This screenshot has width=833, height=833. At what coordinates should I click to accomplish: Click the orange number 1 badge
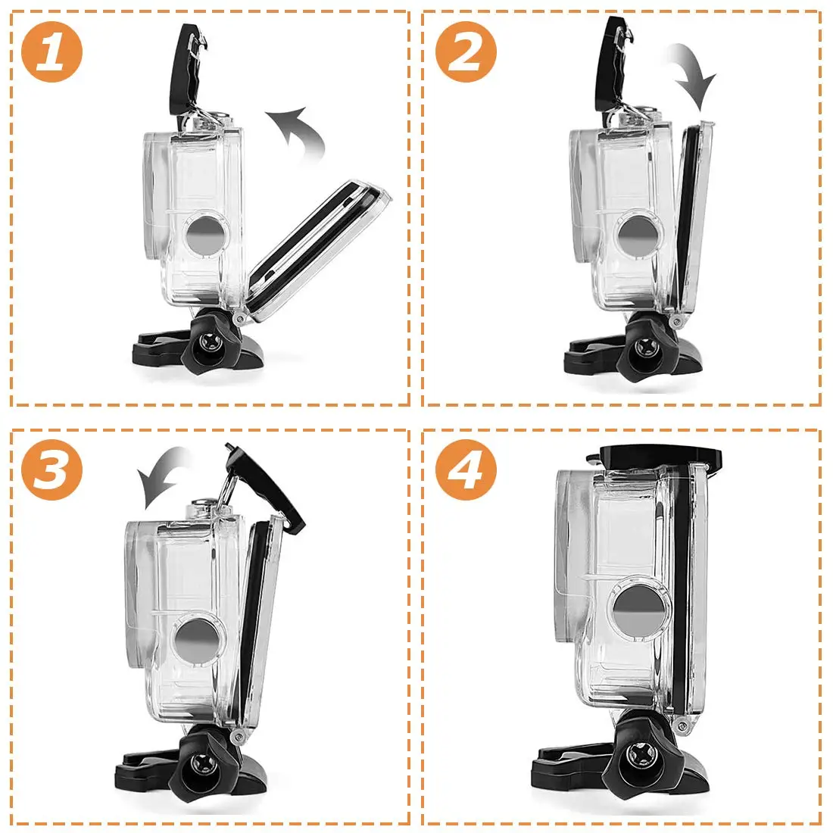(52, 51)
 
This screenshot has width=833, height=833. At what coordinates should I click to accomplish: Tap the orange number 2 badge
(466, 51)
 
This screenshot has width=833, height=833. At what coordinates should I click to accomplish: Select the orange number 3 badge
(52, 470)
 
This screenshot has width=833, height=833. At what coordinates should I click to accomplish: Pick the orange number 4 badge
(466, 470)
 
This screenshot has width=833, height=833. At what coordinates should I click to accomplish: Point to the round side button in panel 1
(207, 234)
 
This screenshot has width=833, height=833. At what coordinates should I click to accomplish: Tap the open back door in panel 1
(319, 250)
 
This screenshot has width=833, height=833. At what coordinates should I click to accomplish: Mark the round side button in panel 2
(639, 234)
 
